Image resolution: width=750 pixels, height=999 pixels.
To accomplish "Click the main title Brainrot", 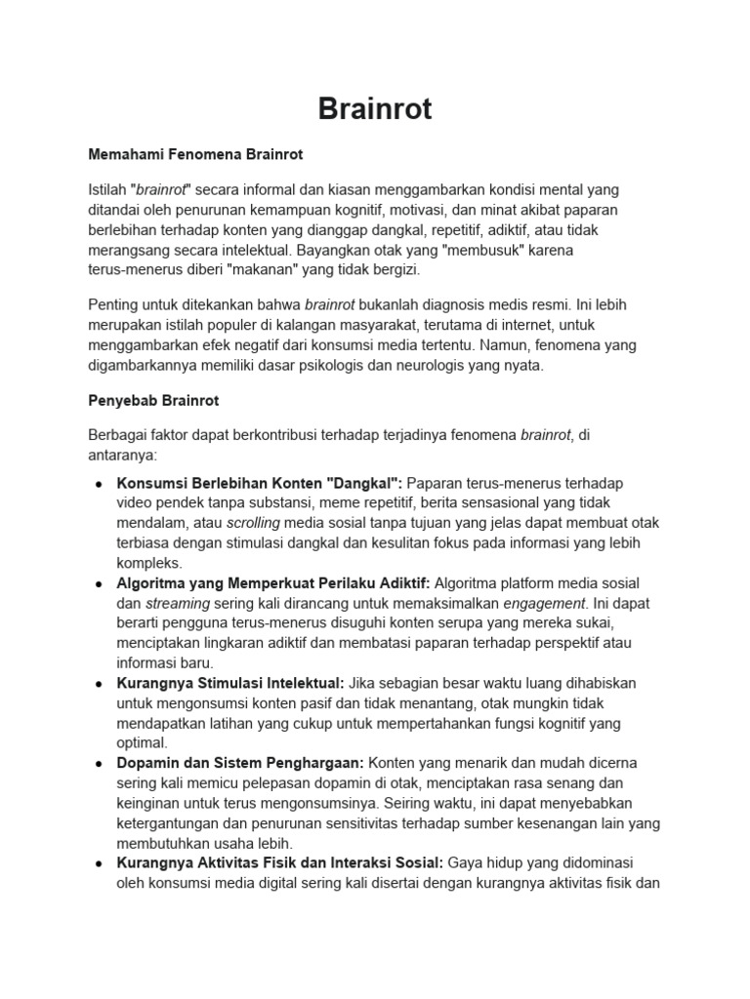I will pyautogui.click(x=375, y=108).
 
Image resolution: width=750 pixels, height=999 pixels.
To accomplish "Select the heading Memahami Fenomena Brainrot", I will pyautogui.click(x=196, y=154).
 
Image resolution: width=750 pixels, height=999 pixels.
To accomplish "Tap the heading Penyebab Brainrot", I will pyautogui.click(x=154, y=401).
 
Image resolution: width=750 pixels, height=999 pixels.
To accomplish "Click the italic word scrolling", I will pyautogui.click(x=253, y=523).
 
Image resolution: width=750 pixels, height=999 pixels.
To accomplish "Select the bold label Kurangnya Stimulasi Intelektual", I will pyautogui.click(x=230, y=683).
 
